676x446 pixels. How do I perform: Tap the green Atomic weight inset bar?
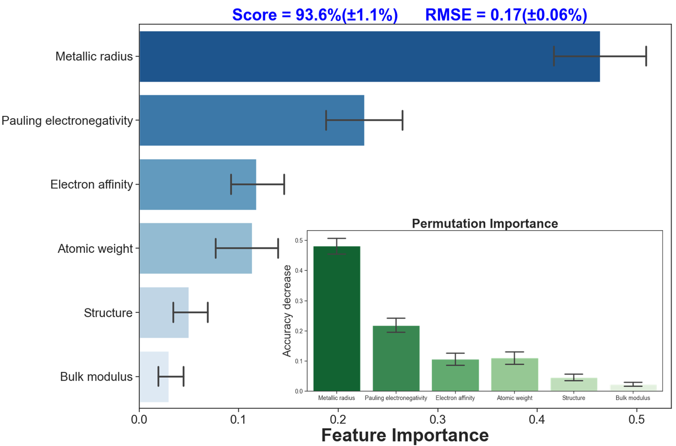515,374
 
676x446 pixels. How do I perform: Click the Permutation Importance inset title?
485,224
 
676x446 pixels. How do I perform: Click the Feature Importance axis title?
405,435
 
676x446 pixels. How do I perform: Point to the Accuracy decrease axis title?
287,310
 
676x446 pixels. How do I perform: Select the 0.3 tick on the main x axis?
437,419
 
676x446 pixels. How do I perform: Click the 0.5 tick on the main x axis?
637,419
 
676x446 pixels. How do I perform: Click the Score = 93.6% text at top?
314,15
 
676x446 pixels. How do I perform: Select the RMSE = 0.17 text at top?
506,15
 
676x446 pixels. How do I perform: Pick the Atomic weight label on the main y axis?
95,248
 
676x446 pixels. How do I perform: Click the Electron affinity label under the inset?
455,398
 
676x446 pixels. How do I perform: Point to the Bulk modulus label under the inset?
632,398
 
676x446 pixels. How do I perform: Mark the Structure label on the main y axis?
108,313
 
